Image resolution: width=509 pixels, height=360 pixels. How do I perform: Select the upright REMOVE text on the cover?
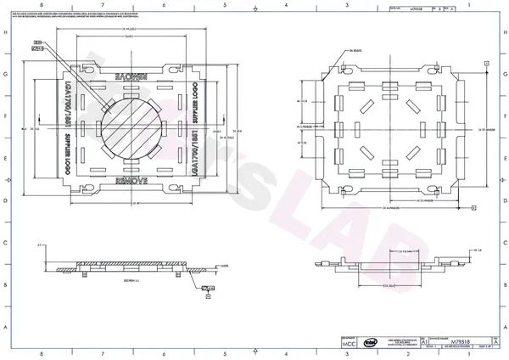coord(129,181)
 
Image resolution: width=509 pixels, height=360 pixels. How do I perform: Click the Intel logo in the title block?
coord(371,342)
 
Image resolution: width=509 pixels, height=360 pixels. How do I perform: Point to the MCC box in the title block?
coord(348,343)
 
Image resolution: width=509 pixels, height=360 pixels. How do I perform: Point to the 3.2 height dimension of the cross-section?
coord(40,244)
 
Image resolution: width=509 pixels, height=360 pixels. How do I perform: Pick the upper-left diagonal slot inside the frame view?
coord(369,106)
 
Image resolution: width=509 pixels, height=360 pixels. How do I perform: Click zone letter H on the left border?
coord(7,31)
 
